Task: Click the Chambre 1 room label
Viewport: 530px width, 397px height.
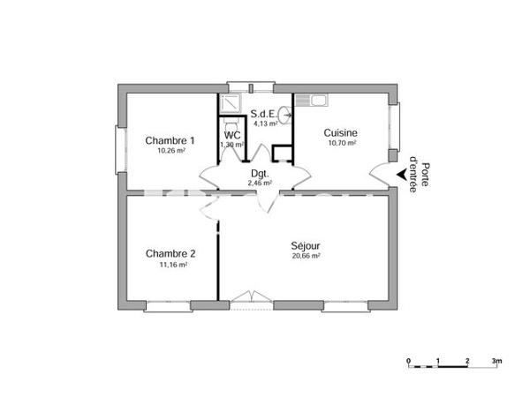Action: click(170, 140)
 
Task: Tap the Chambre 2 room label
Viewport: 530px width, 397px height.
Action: click(170, 253)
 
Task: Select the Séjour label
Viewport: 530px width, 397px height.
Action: click(306, 245)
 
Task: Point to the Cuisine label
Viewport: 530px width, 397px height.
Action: click(341, 132)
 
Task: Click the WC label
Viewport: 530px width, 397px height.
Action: click(231, 134)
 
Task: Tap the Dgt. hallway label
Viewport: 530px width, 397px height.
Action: click(260, 173)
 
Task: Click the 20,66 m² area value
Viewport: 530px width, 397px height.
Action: click(306, 256)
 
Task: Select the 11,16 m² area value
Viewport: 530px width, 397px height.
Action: click(171, 264)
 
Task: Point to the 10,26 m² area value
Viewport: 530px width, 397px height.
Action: click(170, 151)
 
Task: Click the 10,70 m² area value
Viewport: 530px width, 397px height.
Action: click(342, 143)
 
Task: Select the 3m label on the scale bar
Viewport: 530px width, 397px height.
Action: click(497, 362)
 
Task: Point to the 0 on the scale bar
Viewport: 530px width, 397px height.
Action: click(408, 362)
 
